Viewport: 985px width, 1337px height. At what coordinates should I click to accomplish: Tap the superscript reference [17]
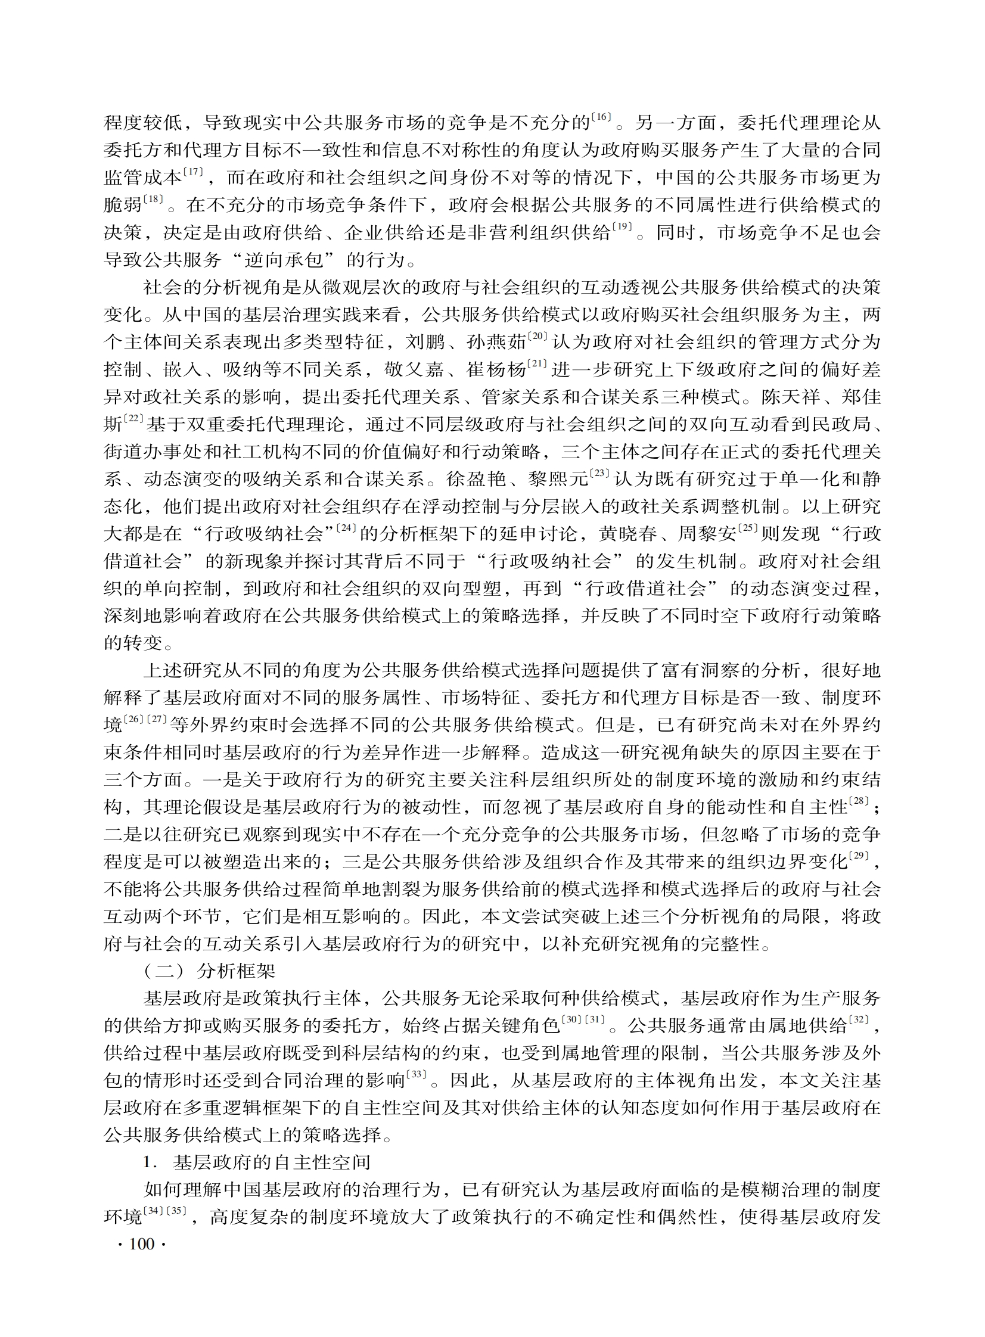tap(192, 172)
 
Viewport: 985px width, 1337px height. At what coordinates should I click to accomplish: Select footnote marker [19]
tap(622, 226)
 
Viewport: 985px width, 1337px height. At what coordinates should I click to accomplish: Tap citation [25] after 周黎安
tap(748, 528)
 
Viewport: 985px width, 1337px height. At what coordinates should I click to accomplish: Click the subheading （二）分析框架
tap(209, 971)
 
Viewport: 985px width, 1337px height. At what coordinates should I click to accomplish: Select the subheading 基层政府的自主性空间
tap(272, 1162)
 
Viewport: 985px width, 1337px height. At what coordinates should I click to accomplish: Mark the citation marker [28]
tap(859, 802)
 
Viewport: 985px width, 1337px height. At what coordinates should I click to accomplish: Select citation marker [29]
tap(859, 856)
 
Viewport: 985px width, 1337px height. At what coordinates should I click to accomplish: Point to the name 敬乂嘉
tap(414, 369)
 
